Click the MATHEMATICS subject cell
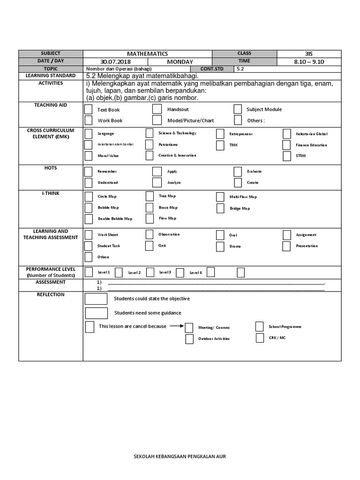coord(148,54)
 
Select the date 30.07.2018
coord(115,62)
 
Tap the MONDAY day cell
coord(180,62)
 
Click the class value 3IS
coord(307,54)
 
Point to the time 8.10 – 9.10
coord(307,62)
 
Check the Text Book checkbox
coord(88,110)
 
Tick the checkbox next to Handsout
coord(157,109)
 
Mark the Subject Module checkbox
coord(238,109)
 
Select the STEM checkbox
coord(286,156)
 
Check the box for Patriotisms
coord(150,144)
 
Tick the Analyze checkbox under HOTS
coord(157,182)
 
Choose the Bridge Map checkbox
coord(220,208)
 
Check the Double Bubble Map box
coord(88,218)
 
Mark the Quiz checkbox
coord(150,245)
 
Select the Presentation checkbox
coord(286,246)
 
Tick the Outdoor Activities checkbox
coord(189,338)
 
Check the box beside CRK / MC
coord(260,337)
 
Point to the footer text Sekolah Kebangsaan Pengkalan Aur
coord(180,456)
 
